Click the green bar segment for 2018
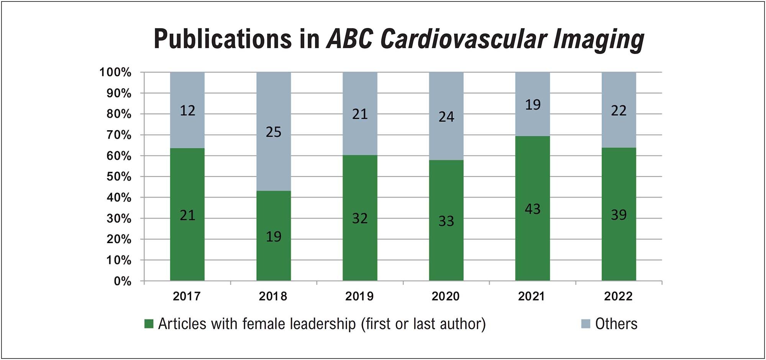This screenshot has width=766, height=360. (274, 236)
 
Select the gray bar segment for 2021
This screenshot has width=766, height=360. (533, 104)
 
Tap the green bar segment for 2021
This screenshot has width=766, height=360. (533, 209)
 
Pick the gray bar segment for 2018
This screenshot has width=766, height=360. (274, 131)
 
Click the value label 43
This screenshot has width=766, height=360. (533, 209)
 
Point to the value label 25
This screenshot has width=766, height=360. (274, 132)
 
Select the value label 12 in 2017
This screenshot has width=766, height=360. (187, 111)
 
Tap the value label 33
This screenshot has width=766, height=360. (446, 221)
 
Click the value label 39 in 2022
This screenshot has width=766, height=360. (619, 215)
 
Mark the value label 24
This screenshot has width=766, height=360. (446, 117)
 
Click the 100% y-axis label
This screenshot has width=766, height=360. (115, 72)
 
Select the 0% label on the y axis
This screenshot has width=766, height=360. (123, 281)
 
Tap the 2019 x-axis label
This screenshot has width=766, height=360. (359, 296)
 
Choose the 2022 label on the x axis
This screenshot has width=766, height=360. (618, 296)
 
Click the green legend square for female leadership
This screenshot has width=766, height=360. (149, 324)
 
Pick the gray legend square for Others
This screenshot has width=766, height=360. (586, 324)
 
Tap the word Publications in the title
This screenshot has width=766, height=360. (222, 39)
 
